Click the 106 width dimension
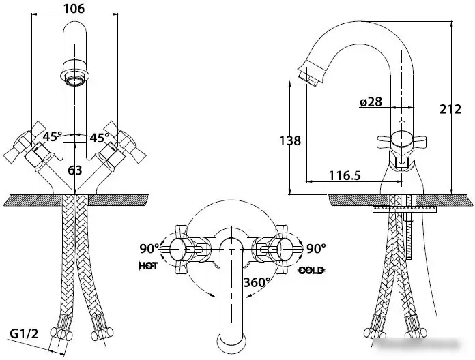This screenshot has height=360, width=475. [x=74, y=8]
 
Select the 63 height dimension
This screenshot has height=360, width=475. [x=75, y=170]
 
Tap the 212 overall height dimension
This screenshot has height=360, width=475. [x=450, y=109]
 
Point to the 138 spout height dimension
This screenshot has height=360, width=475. [x=290, y=140]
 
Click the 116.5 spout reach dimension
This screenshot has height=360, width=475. [x=345, y=175]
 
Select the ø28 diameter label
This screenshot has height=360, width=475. [x=371, y=102]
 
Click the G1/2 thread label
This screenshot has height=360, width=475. [x=25, y=333]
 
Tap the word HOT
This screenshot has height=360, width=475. [x=149, y=266]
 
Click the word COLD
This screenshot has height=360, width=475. [x=311, y=270]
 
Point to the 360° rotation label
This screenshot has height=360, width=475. [x=257, y=282]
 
